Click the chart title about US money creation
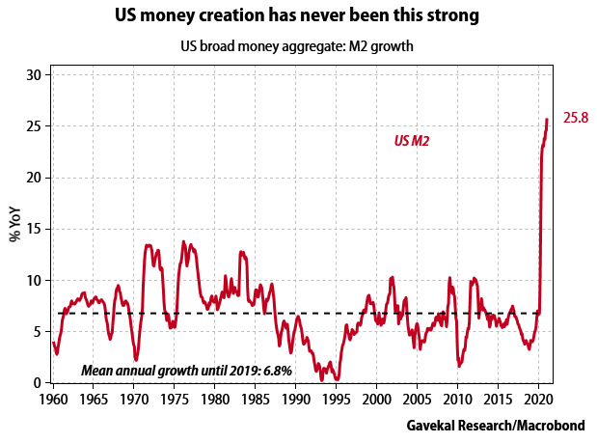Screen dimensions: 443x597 (x=298, y=16)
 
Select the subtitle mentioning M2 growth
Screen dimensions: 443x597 (x=298, y=47)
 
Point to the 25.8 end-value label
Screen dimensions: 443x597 (x=576, y=119)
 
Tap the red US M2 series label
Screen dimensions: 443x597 (x=412, y=141)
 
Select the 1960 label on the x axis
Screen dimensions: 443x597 (x=52, y=399)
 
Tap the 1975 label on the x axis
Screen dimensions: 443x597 (x=173, y=399)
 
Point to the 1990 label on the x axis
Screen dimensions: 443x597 (x=295, y=399)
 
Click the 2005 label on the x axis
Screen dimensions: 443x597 (x=417, y=399)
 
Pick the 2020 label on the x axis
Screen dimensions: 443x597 (x=538, y=399)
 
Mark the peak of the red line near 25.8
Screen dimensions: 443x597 (x=547, y=120)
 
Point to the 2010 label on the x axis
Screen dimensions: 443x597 (x=457, y=399)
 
